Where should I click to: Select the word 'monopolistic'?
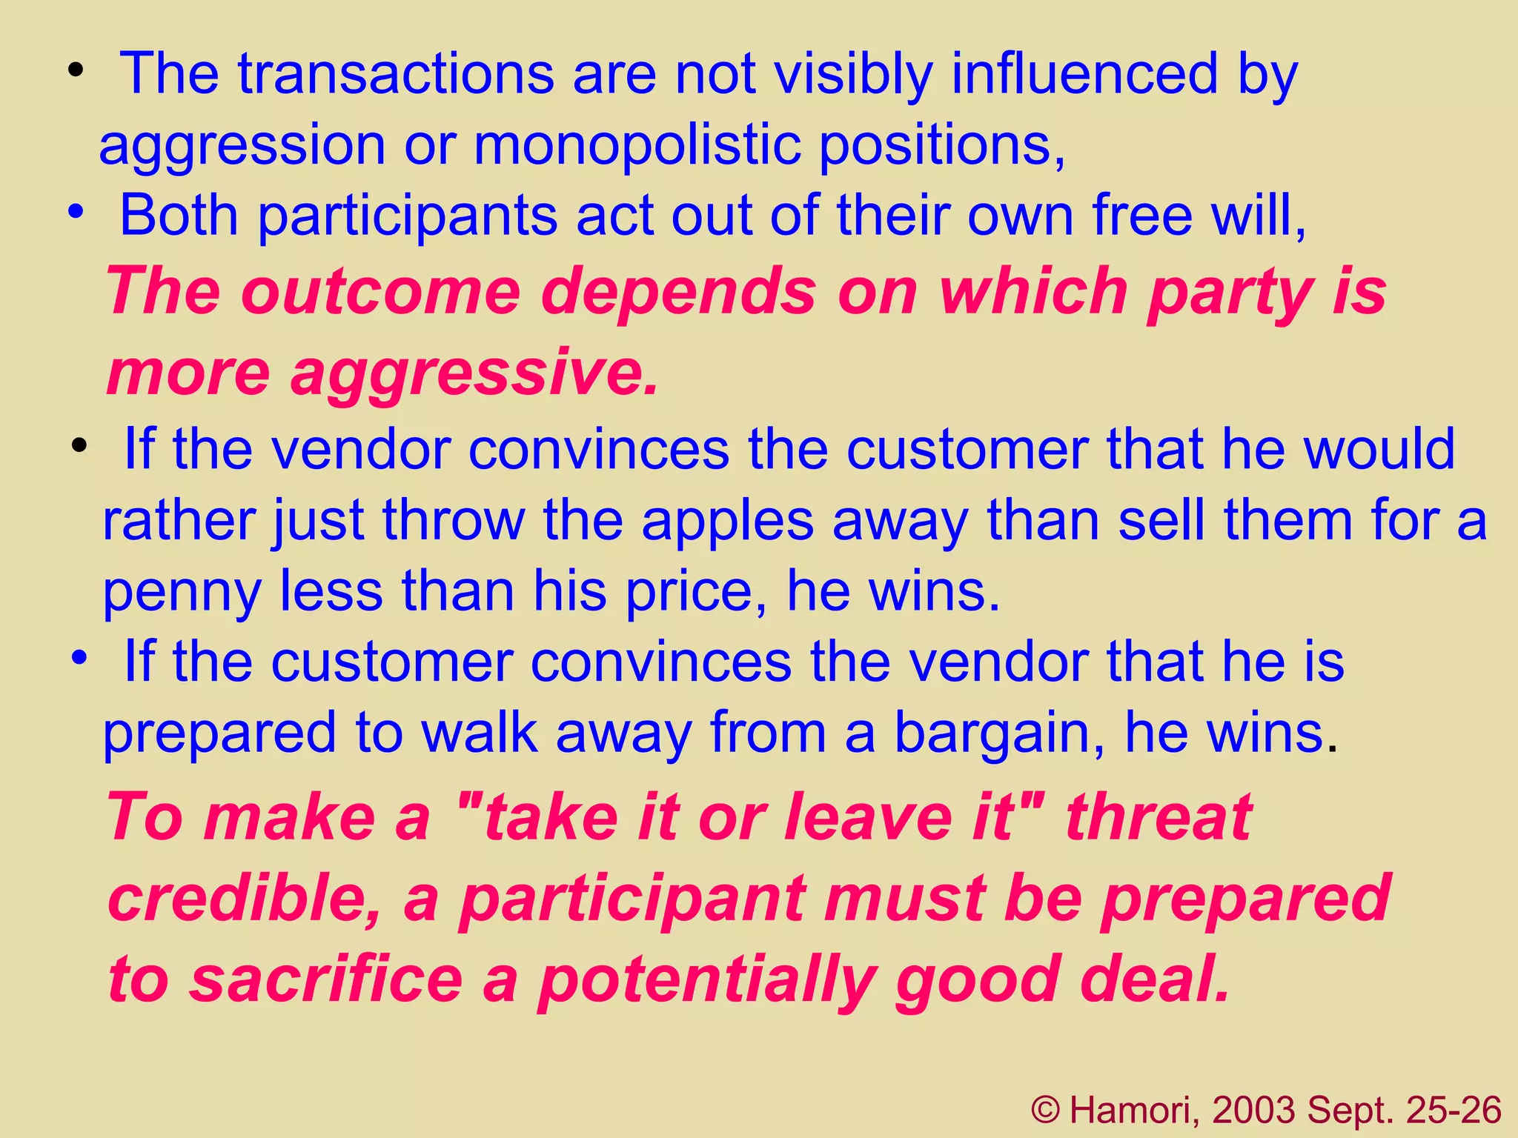coord(637,144)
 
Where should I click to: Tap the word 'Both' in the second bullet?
coord(179,216)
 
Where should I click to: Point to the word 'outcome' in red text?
coord(382,291)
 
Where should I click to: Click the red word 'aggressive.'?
coord(474,373)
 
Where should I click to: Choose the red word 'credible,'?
coord(245,898)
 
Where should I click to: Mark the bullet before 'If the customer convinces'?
coord(80,657)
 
